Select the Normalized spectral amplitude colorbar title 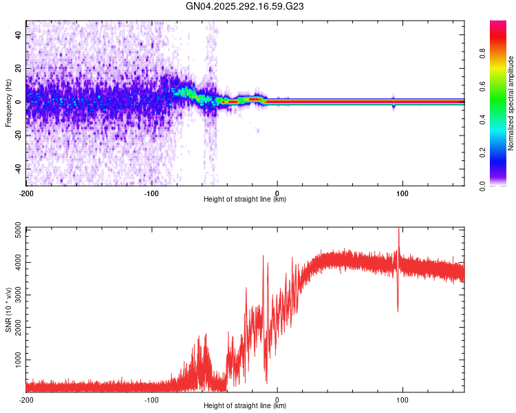(x=511, y=103)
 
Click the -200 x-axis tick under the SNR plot (x=26, y=400)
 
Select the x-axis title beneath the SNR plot (x=245, y=406)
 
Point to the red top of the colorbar (x=498, y=23)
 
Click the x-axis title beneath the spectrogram (x=245, y=200)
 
